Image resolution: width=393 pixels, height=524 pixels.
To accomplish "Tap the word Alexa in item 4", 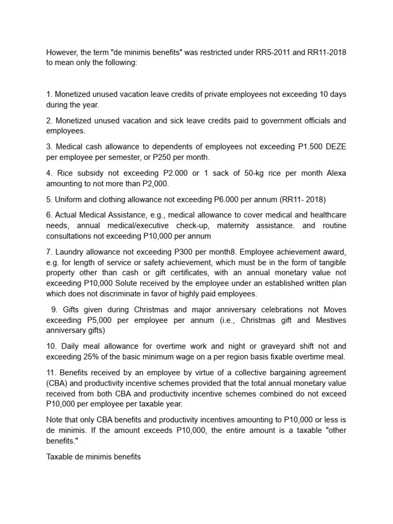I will (x=335, y=173).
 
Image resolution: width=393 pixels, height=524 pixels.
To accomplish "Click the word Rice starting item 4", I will (x=64, y=173).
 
